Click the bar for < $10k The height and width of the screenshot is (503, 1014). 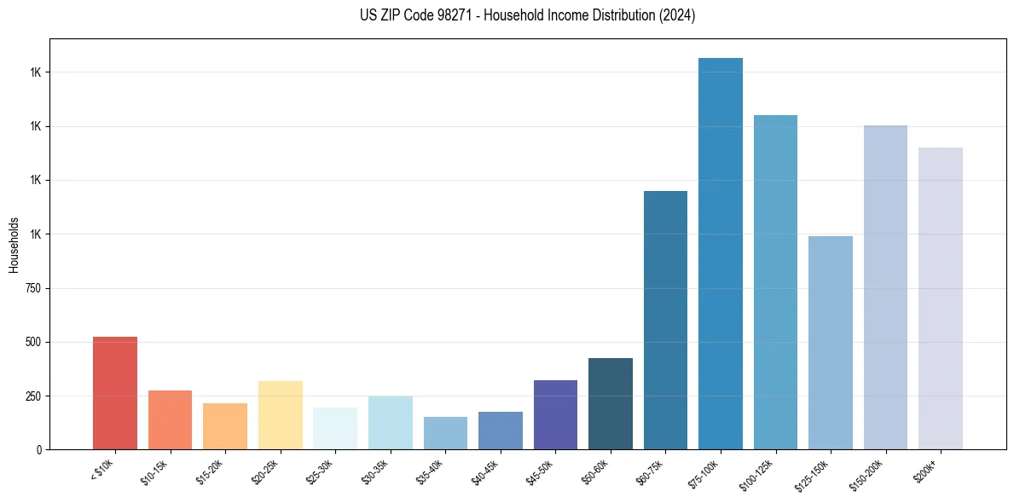tap(115, 393)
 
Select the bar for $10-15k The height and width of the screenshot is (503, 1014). tap(170, 419)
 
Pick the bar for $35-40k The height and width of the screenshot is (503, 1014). tap(445, 433)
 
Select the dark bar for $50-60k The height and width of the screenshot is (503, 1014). tap(611, 404)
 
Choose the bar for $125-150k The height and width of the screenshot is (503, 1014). tap(831, 343)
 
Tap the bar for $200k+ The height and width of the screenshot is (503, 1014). tap(941, 298)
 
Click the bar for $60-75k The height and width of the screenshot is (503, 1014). tap(665, 320)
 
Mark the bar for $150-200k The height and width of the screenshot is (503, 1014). tap(885, 287)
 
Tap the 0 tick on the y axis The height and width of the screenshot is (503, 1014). tap(41, 449)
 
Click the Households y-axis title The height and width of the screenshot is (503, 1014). tap(14, 245)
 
